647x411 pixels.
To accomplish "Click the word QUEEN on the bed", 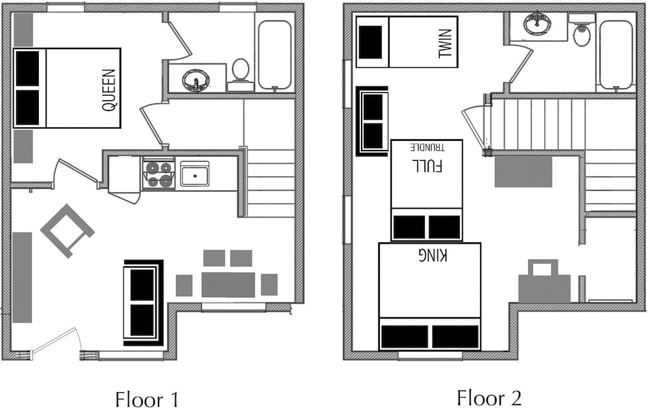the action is [x=109, y=90].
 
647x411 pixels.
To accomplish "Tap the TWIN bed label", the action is [x=446, y=43].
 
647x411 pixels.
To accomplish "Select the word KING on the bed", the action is [x=432, y=256].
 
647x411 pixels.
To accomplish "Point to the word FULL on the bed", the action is [x=427, y=165].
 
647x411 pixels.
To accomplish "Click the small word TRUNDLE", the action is [x=428, y=147].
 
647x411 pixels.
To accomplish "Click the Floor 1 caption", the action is [x=147, y=399].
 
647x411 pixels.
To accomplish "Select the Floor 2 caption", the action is [x=489, y=398].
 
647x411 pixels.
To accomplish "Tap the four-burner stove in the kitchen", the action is [x=158, y=174].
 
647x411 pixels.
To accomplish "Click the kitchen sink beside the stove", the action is [x=195, y=174].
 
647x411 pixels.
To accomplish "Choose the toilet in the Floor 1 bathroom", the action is [x=241, y=74].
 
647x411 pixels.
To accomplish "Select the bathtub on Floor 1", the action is [x=274, y=55].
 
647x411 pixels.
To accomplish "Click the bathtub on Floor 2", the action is [x=616, y=55].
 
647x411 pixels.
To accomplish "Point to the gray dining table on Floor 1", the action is [x=228, y=284].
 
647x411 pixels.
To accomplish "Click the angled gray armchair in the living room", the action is [x=67, y=231].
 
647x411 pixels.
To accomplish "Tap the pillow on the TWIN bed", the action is [x=371, y=42].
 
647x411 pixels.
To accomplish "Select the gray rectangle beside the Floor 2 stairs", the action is [x=523, y=172].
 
